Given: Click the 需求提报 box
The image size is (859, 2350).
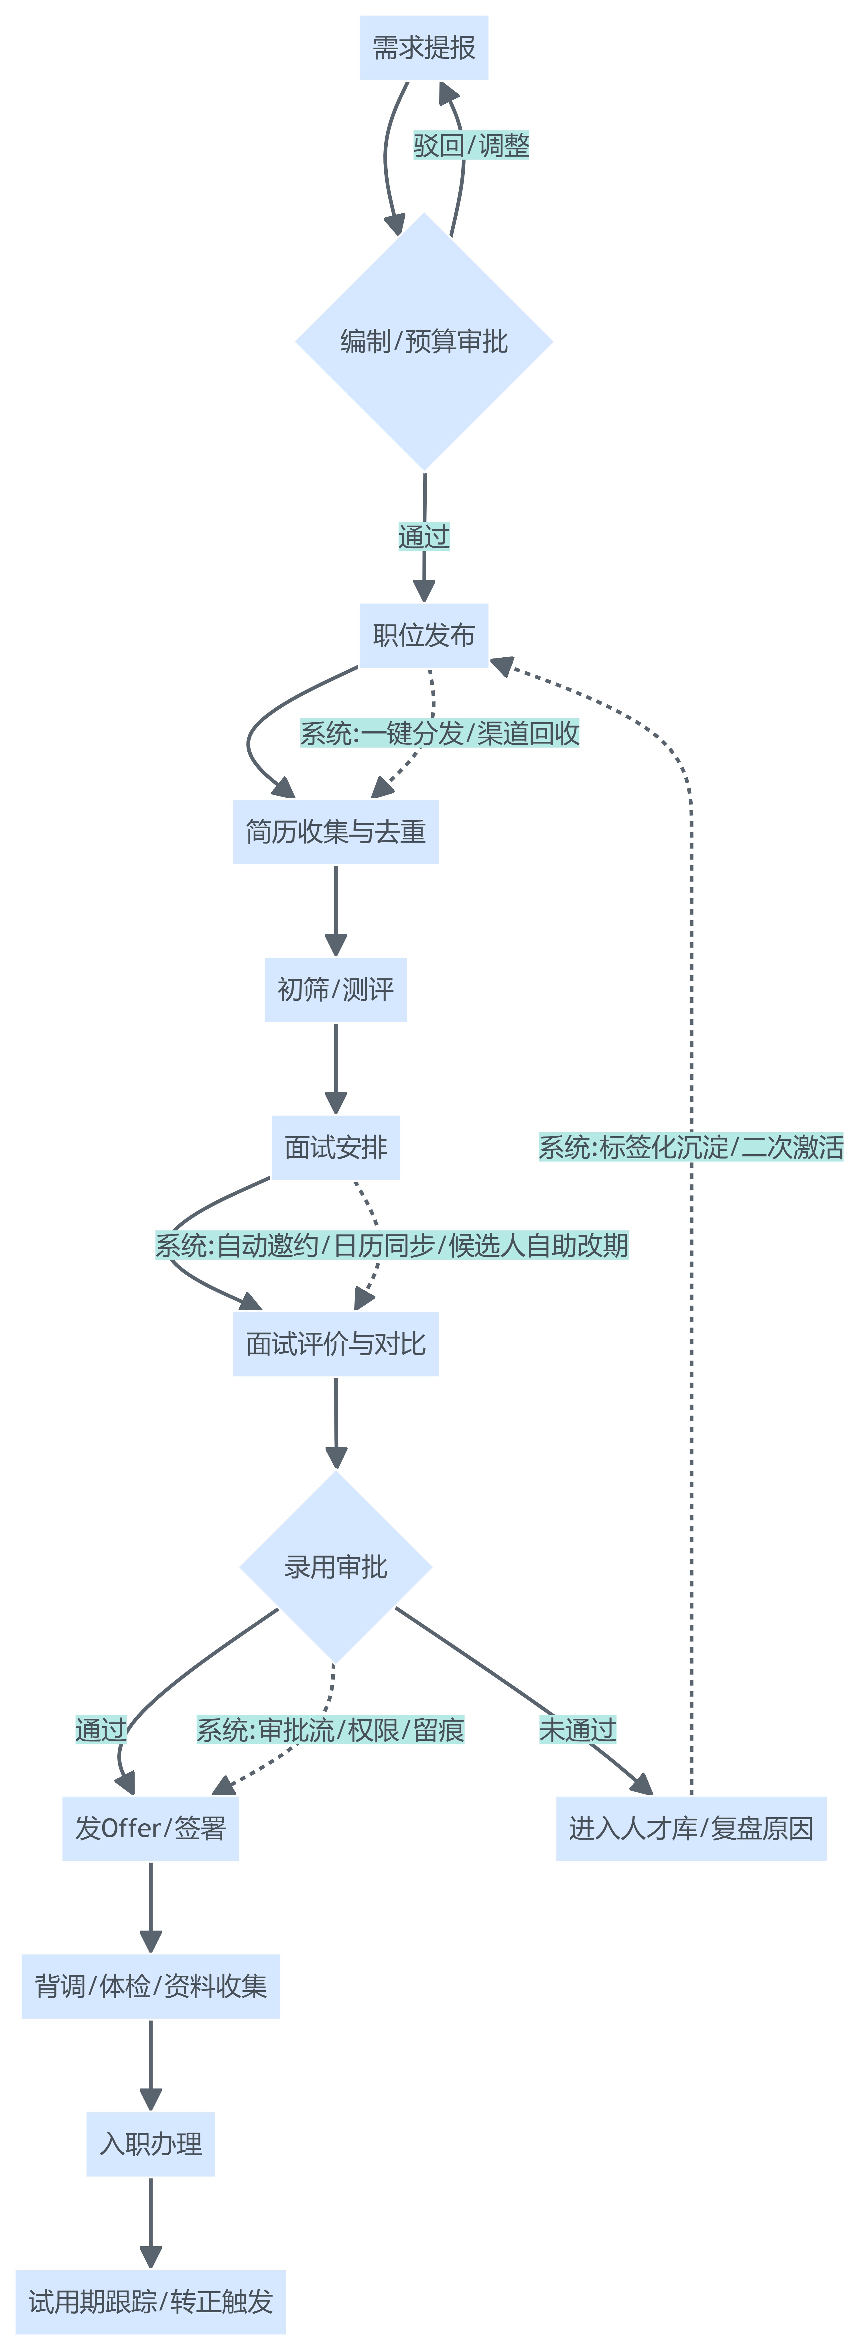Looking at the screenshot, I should click(x=424, y=48).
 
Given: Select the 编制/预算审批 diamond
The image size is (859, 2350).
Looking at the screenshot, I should click(x=424, y=342).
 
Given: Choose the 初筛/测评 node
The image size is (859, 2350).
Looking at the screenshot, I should click(x=336, y=990).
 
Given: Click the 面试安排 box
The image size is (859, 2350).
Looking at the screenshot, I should click(x=336, y=1148).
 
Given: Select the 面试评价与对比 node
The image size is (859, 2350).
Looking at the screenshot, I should click(x=336, y=1344).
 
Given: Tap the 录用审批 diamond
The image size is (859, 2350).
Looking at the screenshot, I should click(x=336, y=1567).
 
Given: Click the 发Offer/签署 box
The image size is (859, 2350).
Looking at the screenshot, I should click(x=150, y=1828).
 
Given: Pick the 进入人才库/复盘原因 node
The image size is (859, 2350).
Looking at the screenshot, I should click(x=691, y=1828).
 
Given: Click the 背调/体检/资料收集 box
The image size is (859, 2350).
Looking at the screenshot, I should click(x=150, y=1986).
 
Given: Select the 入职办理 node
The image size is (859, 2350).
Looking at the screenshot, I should click(x=150, y=2144).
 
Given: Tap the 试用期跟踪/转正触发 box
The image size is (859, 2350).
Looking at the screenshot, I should click(x=150, y=2302).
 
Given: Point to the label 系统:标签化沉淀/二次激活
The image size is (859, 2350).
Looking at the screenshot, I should click(x=691, y=1148).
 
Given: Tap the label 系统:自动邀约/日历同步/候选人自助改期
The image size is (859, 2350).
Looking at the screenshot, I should click(x=392, y=1245).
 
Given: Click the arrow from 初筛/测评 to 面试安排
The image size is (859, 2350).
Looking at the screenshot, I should click(x=336, y=1067).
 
